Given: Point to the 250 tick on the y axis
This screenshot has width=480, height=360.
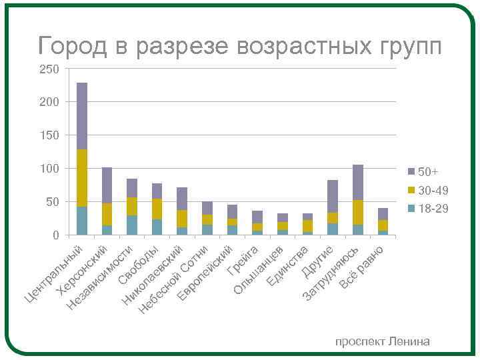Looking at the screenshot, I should [50, 69].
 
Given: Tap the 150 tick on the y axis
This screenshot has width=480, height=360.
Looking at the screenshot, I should [50, 135].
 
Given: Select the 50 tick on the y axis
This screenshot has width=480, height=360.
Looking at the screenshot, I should [53, 202].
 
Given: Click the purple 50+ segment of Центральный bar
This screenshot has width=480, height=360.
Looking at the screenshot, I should [82, 116].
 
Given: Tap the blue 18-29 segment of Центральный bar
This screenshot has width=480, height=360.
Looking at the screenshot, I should [82, 221].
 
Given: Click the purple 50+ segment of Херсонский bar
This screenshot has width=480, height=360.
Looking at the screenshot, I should [107, 185].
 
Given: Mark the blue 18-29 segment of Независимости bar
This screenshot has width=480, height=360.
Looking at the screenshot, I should [132, 225].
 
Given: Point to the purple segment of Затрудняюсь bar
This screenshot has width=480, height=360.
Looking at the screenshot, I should [357, 182].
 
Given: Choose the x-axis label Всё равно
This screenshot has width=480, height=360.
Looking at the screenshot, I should [364, 267].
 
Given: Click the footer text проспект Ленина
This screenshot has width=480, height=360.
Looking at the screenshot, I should [383, 342].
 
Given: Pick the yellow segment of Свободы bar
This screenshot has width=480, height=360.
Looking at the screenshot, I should [157, 209].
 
